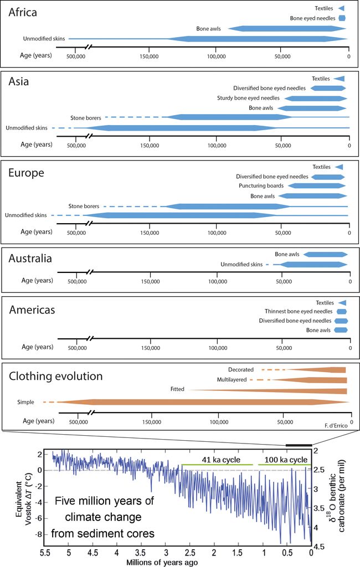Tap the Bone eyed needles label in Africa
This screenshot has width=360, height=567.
coord(313,18)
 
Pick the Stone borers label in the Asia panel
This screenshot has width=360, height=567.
coord(85,118)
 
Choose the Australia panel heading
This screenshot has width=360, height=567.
coord(30,259)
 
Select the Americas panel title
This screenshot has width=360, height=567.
coord(32,310)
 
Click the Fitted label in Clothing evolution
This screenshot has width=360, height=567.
coord(178,390)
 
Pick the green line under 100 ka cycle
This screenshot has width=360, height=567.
coord(284,465)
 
